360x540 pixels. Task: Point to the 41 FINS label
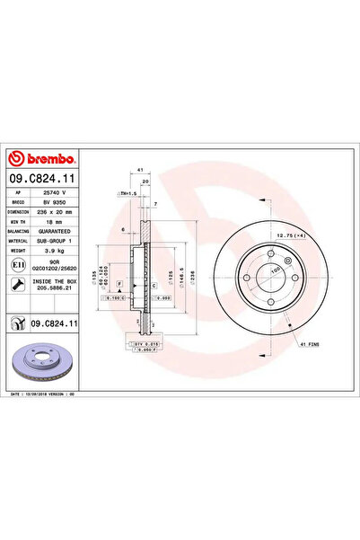click(x=310, y=345)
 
